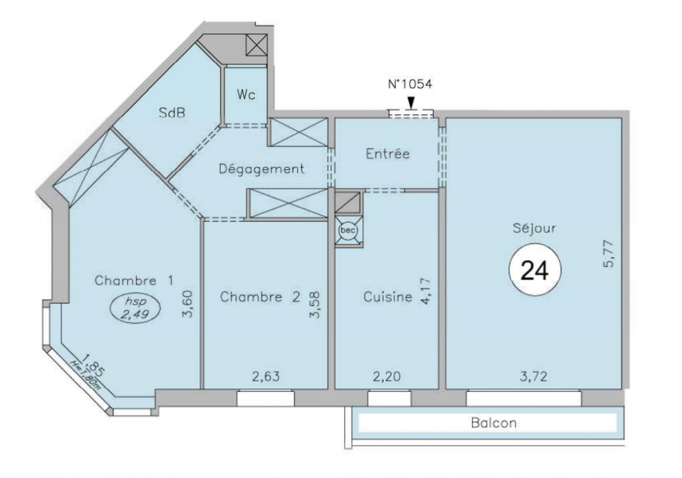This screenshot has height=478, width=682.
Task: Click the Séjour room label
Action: pyautogui.click(x=534, y=228)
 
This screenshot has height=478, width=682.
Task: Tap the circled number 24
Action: pyautogui.click(x=535, y=269)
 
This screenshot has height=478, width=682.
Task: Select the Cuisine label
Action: pyautogui.click(x=387, y=297)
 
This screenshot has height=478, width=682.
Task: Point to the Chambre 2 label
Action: pyautogui.click(x=260, y=297)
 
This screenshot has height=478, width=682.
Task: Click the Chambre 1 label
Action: pyautogui.click(x=134, y=280)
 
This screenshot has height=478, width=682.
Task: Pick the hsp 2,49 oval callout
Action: pyautogui.click(x=135, y=308)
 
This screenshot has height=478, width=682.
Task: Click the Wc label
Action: pyautogui.click(x=246, y=94)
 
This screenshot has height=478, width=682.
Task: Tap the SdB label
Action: pyautogui.click(x=172, y=112)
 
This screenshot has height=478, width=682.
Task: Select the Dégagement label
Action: pyautogui.click(x=261, y=168)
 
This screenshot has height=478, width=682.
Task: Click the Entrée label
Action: pyautogui.click(x=387, y=154)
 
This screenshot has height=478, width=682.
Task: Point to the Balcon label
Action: pyautogui.click(x=493, y=422)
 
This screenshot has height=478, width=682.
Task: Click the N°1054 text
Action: pyautogui.click(x=410, y=84)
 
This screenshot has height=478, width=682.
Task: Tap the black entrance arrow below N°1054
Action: pyautogui.click(x=411, y=103)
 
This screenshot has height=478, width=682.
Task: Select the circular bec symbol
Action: pyautogui.click(x=347, y=230)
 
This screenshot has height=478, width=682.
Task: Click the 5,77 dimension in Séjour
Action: pyautogui.click(x=609, y=253)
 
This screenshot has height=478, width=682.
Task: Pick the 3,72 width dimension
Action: pyautogui.click(x=533, y=376)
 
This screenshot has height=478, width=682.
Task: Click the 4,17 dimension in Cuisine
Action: pyautogui.click(x=426, y=291)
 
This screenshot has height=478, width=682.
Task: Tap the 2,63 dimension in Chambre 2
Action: pyautogui.click(x=266, y=376)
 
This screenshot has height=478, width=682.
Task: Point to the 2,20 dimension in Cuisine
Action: pyautogui.click(x=387, y=376)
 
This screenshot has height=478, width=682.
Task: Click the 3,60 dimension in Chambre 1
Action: pyautogui.click(x=187, y=304)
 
